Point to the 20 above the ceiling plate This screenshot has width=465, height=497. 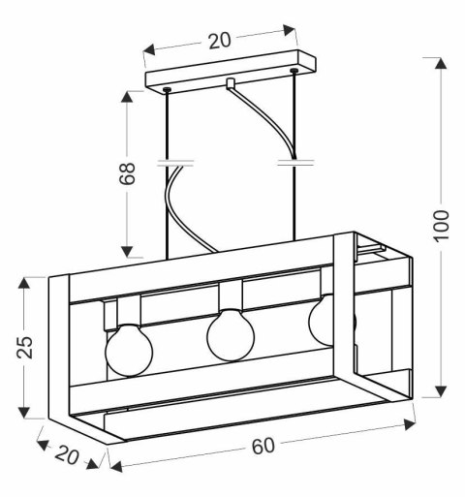(219, 41)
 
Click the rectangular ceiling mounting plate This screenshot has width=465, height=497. (232, 76)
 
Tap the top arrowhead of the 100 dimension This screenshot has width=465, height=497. (441, 65)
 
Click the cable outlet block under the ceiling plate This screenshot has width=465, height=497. (230, 84)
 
